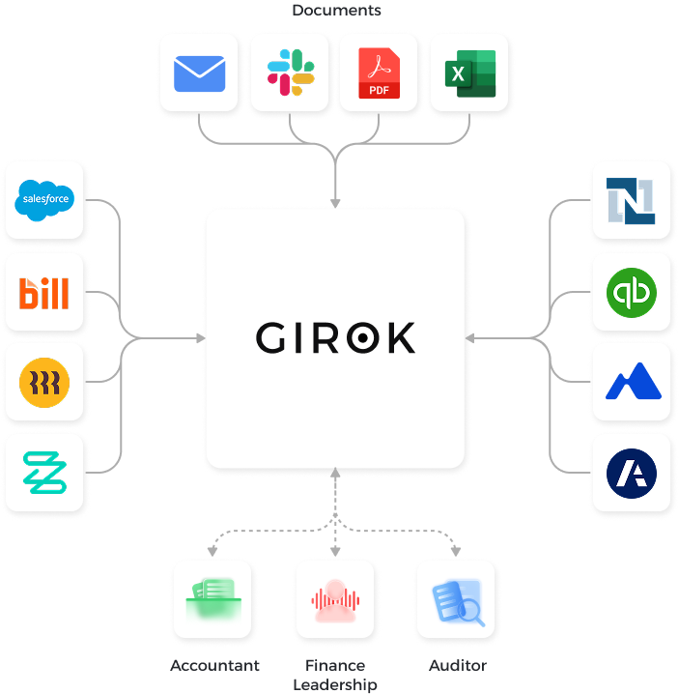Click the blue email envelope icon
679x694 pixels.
coord(199,73)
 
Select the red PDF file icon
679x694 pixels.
coord(379,73)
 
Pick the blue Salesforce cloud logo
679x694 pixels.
coord(45,201)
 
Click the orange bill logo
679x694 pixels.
coord(45,292)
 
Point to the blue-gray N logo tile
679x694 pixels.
coord(632,201)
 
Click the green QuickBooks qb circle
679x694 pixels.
coord(632,292)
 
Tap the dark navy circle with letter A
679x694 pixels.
coord(632,473)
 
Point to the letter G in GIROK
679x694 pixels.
coord(272,338)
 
